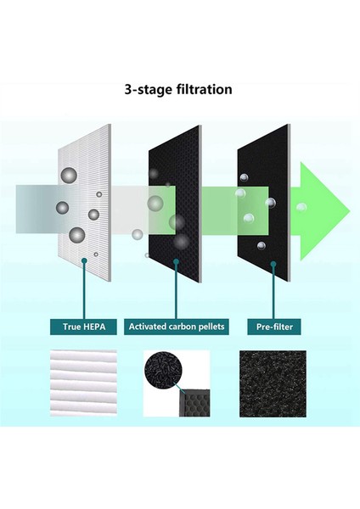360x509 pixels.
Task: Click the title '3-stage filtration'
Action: coord(178,89)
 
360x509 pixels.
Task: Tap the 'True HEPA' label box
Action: coord(83,327)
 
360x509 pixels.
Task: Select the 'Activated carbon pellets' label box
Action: coord(177,327)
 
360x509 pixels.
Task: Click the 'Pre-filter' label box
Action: coord(274,327)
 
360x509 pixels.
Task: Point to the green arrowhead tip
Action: coord(350,211)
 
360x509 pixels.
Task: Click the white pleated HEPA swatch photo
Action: coord(83,383)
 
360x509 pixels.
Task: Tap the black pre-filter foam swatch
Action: coord(273,383)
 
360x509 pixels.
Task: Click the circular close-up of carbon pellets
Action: coord(162,366)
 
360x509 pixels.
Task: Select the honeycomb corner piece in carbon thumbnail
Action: coord(194,402)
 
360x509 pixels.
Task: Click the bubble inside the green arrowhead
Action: coord(301,207)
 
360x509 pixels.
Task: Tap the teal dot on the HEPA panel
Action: coord(84,260)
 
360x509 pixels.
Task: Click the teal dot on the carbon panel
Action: coord(176,261)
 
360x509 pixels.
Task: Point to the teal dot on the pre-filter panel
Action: coord(273,264)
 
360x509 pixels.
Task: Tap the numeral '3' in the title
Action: coord(128,89)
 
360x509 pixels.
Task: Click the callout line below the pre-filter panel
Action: coord(273,292)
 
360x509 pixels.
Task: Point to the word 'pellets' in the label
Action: coord(213,327)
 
